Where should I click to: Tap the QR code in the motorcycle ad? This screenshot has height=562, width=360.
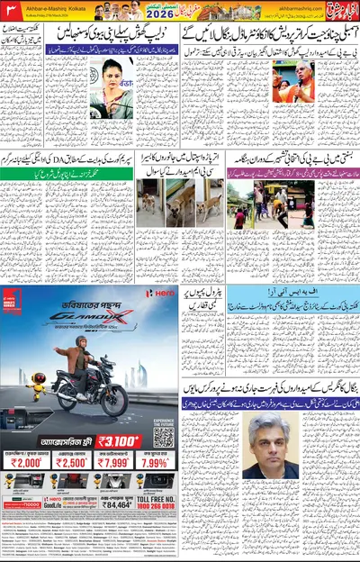163,437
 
